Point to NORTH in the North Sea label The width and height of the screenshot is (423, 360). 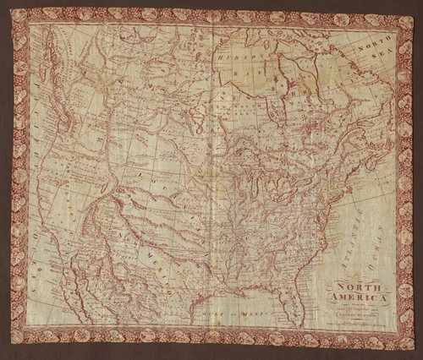tap(369, 50)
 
